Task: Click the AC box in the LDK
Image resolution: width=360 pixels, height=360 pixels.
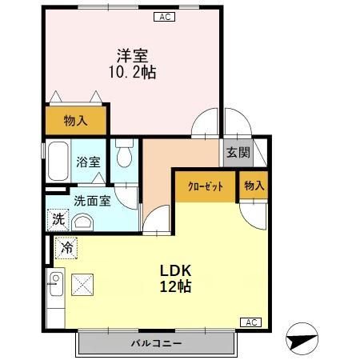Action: click(x=250, y=322)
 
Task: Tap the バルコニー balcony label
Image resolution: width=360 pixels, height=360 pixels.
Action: click(x=157, y=343)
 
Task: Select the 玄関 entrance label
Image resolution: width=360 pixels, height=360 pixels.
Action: click(x=237, y=153)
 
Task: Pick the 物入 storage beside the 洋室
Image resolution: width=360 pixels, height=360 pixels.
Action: click(x=75, y=121)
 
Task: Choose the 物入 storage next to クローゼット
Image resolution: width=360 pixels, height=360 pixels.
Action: click(x=254, y=186)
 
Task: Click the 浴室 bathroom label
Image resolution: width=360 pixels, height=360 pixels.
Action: click(x=88, y=161)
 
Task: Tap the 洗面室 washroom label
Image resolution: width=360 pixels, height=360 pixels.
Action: click(x=93, y=201)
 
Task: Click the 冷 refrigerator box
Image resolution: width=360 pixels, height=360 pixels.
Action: click(x=67, y=248)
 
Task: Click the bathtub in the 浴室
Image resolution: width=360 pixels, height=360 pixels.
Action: click(x=58, y=162)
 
